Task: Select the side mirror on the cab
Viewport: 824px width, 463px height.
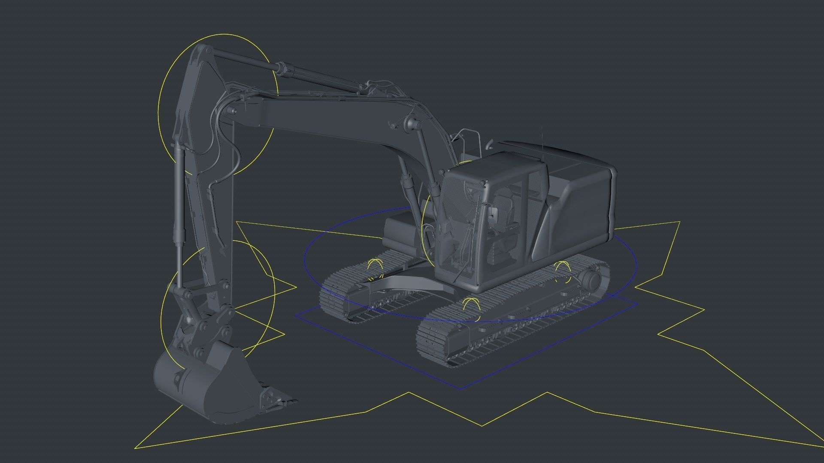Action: pyautogui.click(x=493, y=213)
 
